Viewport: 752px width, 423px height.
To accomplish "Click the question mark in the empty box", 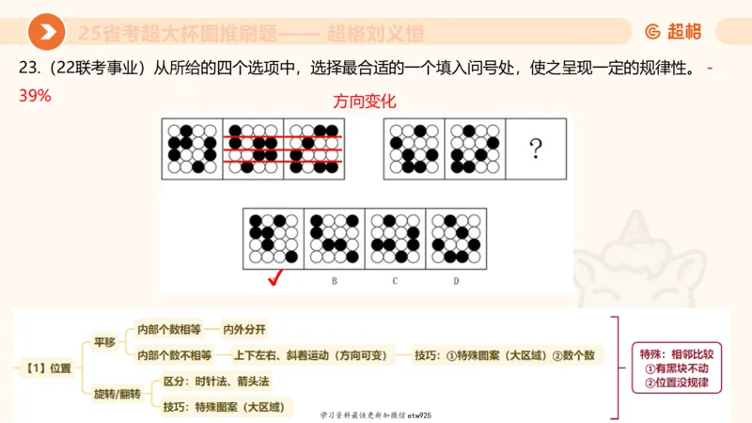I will pos(536,149).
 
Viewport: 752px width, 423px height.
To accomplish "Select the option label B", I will pos(334,280).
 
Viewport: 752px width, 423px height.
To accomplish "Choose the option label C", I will pos(395,280).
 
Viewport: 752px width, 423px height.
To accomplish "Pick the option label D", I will pos(456,280).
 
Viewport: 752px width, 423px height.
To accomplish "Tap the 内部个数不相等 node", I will pos(174,354).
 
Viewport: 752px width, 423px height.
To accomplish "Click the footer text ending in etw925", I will pos(375,414).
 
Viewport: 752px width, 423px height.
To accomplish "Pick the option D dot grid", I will pos(456,238).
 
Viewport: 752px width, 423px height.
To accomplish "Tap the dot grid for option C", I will pos(395,238).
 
